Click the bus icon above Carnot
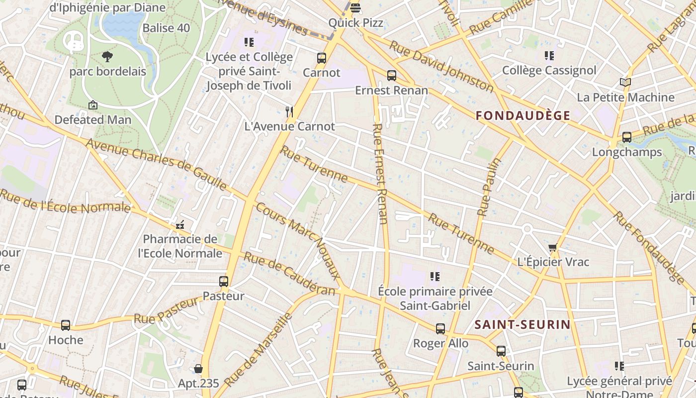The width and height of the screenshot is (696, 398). point(322,58)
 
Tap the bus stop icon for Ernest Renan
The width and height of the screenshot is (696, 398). point(392,76)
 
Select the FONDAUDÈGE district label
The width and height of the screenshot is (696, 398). point(523,116)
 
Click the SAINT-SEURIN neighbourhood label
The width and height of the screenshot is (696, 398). point(522,325)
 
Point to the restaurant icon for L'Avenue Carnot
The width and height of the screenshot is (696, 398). point(290,111)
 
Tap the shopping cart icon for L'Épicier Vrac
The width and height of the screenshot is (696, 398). point(552,247)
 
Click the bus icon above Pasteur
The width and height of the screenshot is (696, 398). point(224,282)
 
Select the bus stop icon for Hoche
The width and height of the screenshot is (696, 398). point(66,325)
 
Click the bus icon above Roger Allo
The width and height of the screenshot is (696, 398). point(440,329)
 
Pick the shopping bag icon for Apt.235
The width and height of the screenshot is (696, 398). point(198,369)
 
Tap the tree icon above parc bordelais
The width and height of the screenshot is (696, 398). point(107,57)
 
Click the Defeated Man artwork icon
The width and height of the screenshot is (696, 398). point(92,105)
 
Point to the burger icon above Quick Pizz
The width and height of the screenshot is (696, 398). point(355,8)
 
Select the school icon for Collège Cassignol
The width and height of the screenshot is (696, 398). point(549,56)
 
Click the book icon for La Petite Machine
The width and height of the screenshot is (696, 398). point(625,83)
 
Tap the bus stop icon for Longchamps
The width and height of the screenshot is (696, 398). point(627,137)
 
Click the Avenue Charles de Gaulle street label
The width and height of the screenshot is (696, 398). point(156,165)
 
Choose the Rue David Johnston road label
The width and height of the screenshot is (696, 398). point(441,66)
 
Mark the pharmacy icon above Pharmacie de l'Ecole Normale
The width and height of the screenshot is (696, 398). point(180,225)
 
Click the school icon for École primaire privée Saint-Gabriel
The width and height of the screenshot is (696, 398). point(435,277)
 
